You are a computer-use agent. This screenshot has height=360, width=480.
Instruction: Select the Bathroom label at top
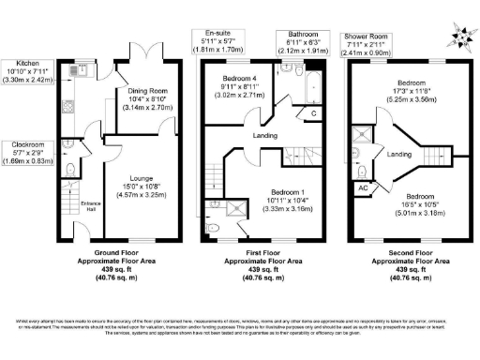point(293,35)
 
